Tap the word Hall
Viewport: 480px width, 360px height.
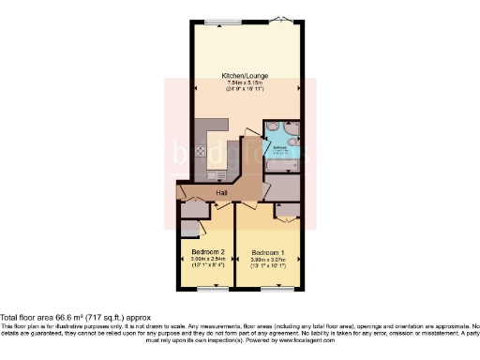[222, 193]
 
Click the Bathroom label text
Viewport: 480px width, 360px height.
[279, 147]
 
